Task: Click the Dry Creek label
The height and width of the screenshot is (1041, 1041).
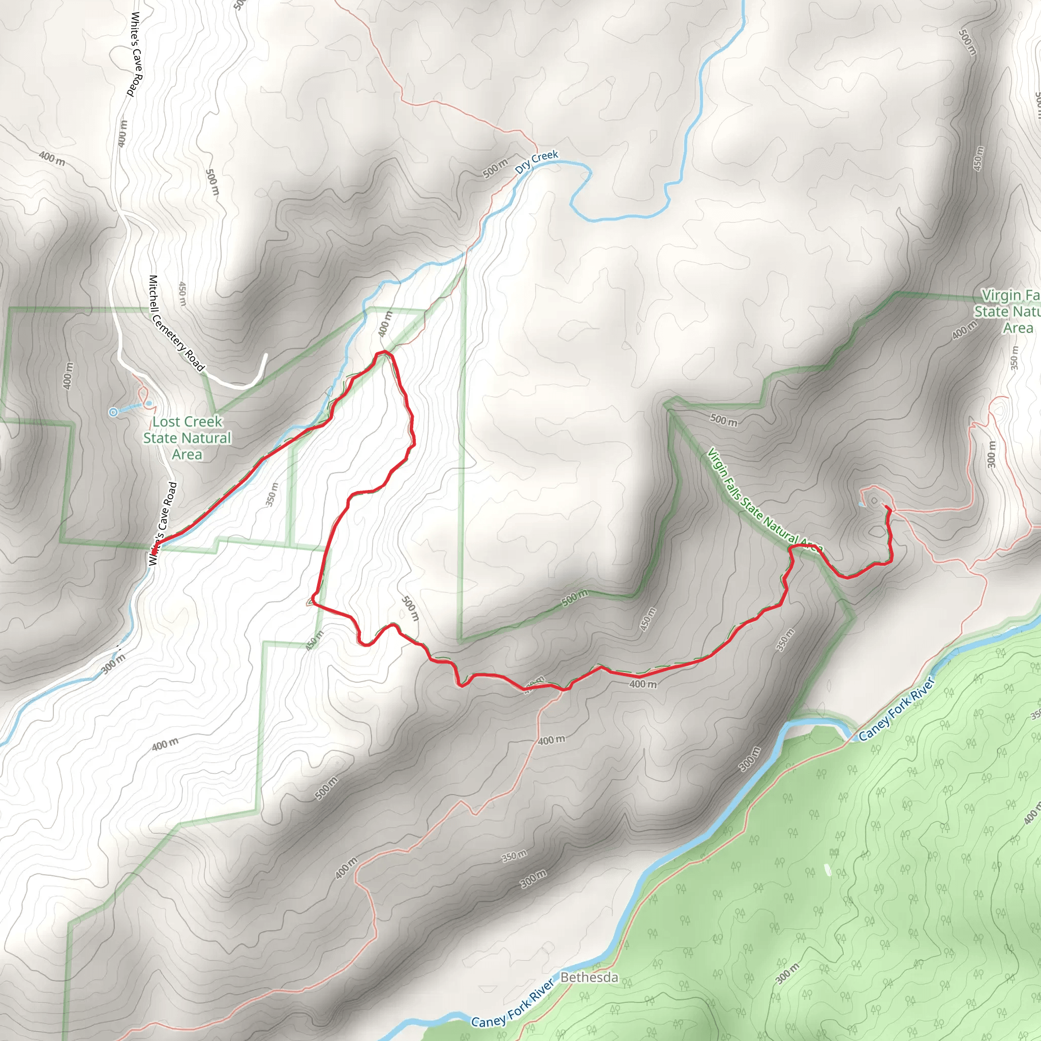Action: (x=536, y=162)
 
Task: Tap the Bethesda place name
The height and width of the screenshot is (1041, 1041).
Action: (x=589, y=977)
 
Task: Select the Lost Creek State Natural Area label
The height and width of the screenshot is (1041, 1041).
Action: (x=187, y=438)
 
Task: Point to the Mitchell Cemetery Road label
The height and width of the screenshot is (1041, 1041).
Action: (x=176, y=323)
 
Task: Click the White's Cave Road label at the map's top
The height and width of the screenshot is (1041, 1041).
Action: (x=137, y=54)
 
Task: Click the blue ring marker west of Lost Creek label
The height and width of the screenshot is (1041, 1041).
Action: (x=113, y=412)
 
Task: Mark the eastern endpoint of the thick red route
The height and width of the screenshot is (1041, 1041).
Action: (x=886, y=508)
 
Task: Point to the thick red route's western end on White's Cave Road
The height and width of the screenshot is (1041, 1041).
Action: (x=154, y=550)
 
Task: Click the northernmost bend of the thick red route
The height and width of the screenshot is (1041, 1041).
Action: (x=384, y=352)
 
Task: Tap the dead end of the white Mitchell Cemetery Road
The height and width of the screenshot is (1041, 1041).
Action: (x=266, y=355)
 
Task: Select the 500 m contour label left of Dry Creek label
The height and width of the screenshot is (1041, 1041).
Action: (x=495, y=168)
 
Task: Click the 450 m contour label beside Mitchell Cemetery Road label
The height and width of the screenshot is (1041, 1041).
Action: (x=182, y=294)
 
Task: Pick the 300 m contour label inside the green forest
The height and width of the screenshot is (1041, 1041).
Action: (x=788, y=973)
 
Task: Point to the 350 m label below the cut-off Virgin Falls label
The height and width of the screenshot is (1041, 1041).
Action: (x=1015, y=357)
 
